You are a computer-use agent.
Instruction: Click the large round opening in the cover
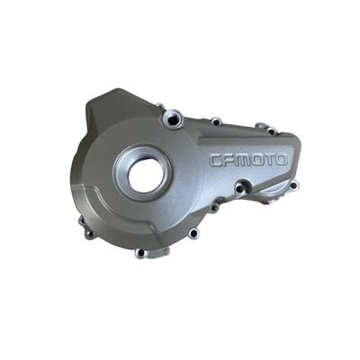click(x=146, y=175)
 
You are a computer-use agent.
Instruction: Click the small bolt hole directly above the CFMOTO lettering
click(x=216, y=120)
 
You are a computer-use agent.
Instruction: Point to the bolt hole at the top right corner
click(x=261, y=128)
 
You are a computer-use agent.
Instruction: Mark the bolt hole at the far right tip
click(x=292, y=184)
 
